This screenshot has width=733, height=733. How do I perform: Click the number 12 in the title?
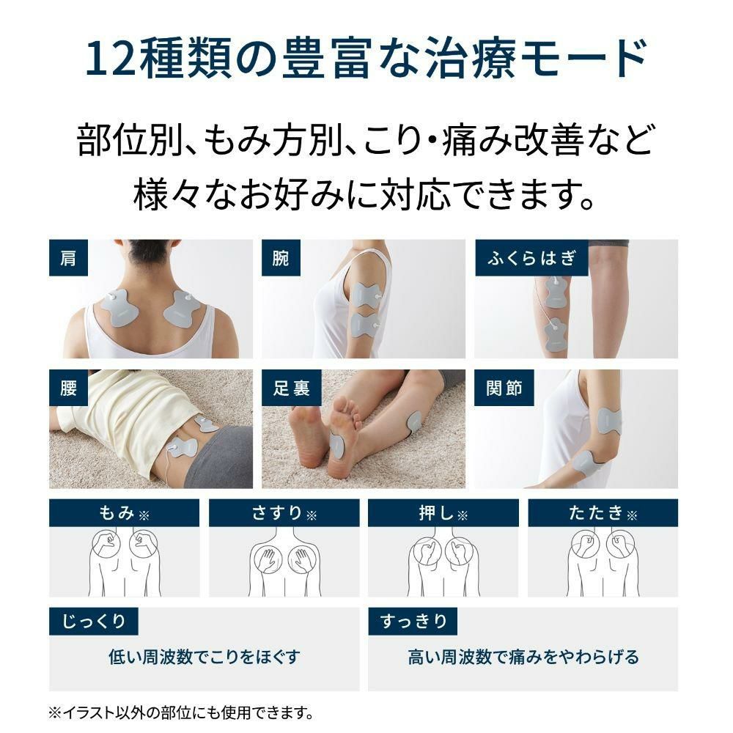click(109, 60)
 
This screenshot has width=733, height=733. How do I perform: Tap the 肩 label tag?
click(68, 258)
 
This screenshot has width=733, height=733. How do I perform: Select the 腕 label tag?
click(281, 258)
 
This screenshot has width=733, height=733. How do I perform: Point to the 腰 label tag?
click(68, 388)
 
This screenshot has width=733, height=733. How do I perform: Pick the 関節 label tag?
click(504, 388)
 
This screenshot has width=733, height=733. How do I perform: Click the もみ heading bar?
click(124, 513)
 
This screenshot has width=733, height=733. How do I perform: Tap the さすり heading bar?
click(284, 513)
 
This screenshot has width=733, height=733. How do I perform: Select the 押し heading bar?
click(443, 513)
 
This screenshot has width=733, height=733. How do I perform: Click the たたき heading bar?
click(603, 513)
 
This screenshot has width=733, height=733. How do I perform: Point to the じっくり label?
click(93, 622)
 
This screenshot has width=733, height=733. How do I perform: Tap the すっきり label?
click(413, 622)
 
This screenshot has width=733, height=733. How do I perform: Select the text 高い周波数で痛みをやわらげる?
click(523, 657)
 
